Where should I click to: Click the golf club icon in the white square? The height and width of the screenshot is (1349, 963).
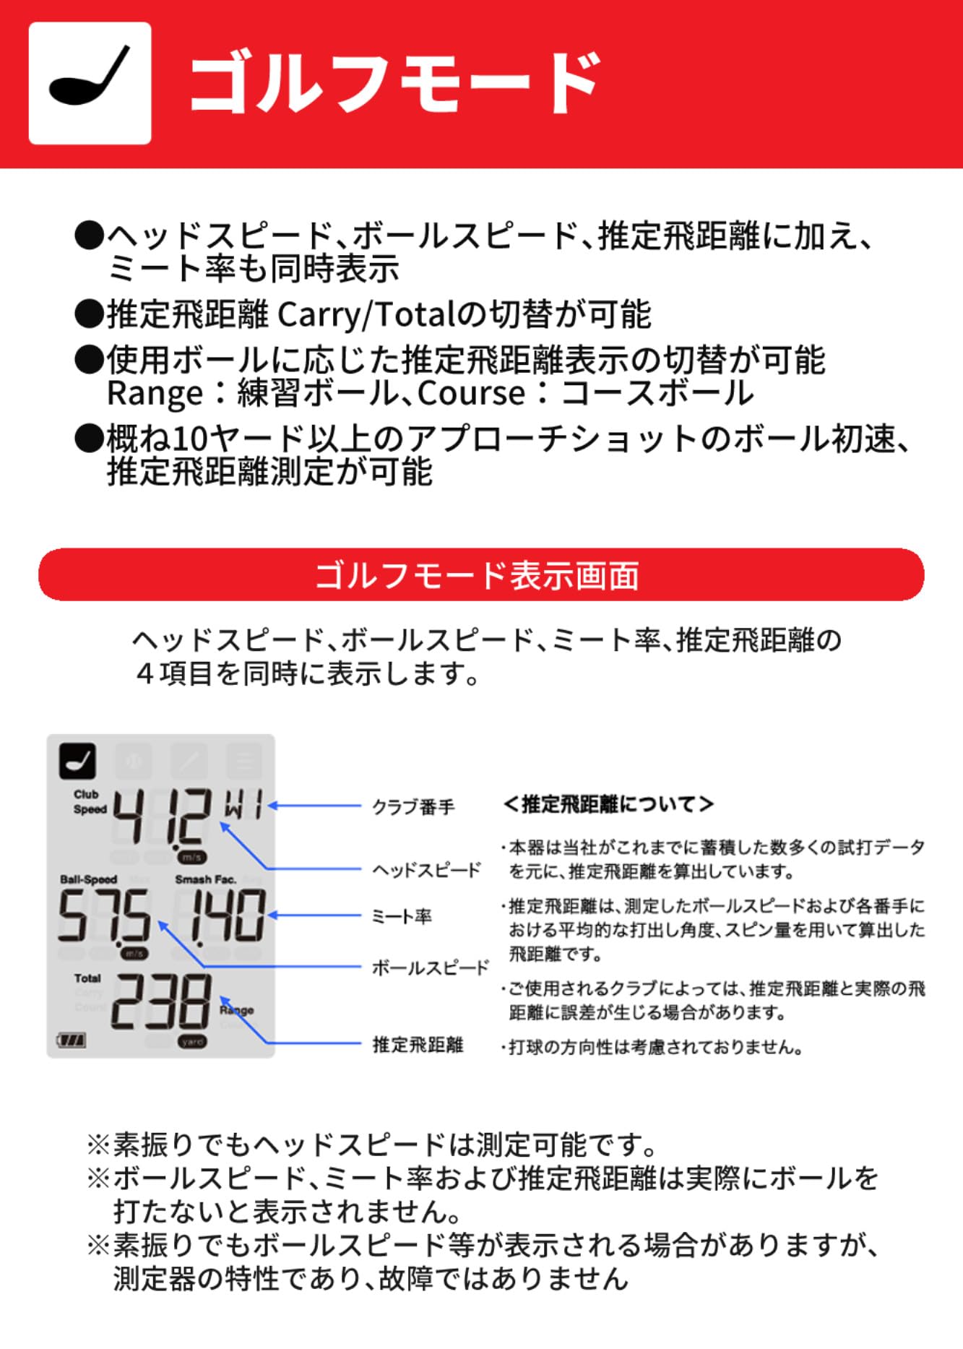point(90,83)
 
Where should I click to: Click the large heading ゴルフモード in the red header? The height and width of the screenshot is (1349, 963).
point(394,83)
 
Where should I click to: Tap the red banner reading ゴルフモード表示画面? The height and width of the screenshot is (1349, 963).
point(481,575)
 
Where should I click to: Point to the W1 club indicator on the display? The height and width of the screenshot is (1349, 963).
point(243,803)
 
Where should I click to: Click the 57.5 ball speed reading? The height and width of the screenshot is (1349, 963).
point(104,915)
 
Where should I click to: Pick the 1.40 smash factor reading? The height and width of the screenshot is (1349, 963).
point(220,915)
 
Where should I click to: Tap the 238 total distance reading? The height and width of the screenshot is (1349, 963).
point(162,1001)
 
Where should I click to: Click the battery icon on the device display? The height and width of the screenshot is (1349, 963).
point(72,1040)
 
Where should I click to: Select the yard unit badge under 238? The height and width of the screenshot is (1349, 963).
point(192,1042)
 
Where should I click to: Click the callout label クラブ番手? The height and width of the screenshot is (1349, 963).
point(413,806)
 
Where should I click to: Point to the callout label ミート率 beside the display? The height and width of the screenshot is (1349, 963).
point(402,916)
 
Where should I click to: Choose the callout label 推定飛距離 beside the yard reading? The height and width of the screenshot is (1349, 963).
point(418,1044)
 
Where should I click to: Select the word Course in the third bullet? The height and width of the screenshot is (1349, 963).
point(471,394)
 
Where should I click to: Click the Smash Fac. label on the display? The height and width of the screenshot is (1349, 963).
point(205,879)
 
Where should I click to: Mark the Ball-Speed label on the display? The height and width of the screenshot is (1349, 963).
point(88,879)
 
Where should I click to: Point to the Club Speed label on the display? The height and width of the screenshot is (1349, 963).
point(90,802)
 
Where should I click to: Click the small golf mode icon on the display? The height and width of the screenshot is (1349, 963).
point(77,761)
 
